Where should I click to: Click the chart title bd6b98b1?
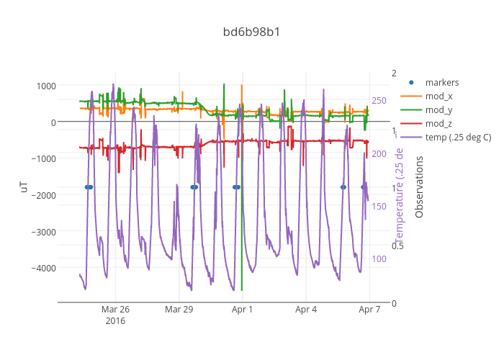point(251,32)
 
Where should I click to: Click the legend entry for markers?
point(441,82)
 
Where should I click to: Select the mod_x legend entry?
point(438,96)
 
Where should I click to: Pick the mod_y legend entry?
point(438,110)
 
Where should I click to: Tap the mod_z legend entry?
point(438,124)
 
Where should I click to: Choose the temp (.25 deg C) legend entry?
point(458,138)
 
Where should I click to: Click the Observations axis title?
point(419,187)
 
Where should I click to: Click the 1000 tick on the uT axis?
point(45,86)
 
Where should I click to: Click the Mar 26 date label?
point(115,310)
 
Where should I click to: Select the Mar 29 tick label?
point(179,310)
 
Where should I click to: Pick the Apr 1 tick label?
point(243,310)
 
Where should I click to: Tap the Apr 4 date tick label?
point(306,310)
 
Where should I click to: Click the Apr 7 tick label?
point(369,310)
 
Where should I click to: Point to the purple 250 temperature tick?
point(379,101)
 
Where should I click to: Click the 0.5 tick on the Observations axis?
point(397,245)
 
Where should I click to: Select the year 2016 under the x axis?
point(115,321)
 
